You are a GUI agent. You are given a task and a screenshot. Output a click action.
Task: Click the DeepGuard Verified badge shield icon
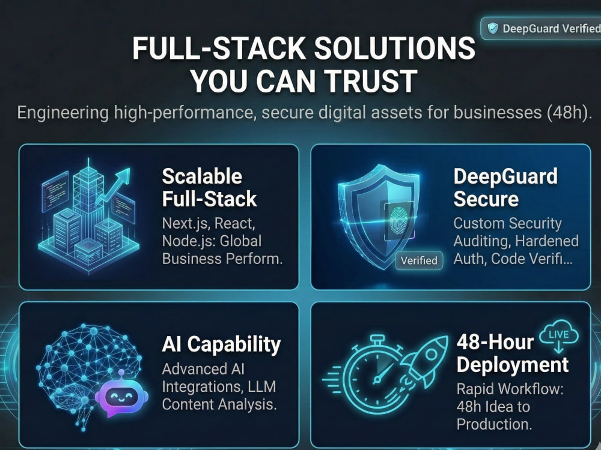click(x=493, y=28)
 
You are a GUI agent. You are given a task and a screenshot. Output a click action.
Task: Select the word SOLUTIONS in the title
click(x=395, y=48)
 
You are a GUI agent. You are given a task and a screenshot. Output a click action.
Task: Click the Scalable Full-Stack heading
click(x=209, y=187)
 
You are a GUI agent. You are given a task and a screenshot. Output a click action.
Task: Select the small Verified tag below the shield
click(x=419, y=260)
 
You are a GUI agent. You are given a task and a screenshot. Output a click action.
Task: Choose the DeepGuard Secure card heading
click(x=505, y=187)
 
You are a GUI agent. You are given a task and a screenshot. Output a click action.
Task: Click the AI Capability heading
click(x=221, y=344)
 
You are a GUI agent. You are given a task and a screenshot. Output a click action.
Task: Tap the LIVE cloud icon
click(x=559, y=335)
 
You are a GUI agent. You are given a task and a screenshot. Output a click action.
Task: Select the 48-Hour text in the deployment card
click(x=495, y=342)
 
